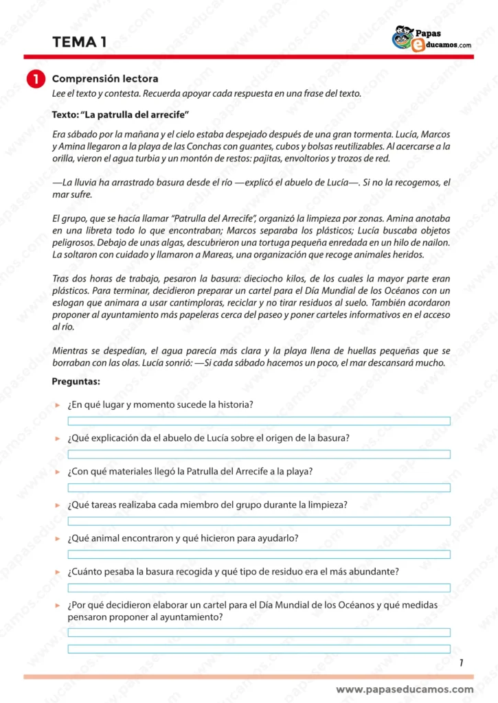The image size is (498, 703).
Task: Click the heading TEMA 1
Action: click(79, 43)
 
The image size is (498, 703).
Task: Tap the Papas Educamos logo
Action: click(431, 38)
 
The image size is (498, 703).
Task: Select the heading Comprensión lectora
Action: click(105, 79)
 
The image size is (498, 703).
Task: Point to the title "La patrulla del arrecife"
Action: click(120, 113)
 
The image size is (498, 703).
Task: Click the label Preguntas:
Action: click(76, 381)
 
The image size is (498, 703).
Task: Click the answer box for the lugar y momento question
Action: click(258, 421)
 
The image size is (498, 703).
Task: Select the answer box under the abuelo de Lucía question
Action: click(258, 454)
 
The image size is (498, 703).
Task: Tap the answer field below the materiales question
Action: click(258, 487)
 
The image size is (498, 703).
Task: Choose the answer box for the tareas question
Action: click(258, 521)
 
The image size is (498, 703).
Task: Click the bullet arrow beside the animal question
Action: click(58, 539)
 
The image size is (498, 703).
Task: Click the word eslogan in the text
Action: click(67, 303)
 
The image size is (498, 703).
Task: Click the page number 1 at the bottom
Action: click(461, 662)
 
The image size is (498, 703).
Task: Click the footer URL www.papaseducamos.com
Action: click(405, 689)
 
